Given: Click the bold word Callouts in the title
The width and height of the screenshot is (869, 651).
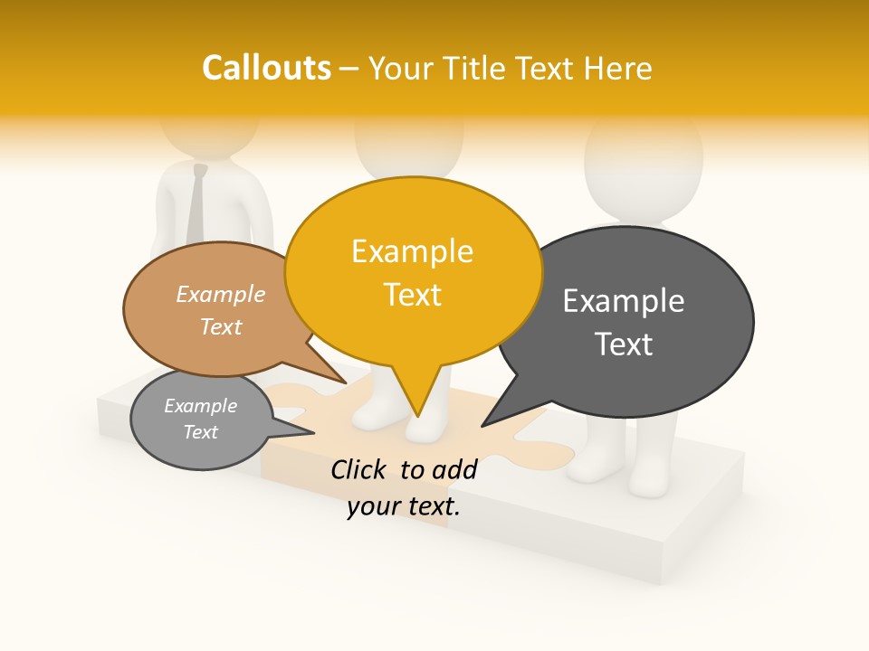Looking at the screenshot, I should (266, 68).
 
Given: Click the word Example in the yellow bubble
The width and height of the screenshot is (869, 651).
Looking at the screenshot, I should (412, 251).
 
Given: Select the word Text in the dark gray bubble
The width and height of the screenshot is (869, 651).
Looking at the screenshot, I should (623, 344).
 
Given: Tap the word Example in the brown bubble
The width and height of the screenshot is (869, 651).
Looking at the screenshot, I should (220, 295).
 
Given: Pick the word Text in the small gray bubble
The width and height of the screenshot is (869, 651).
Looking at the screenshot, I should (200, 432).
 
